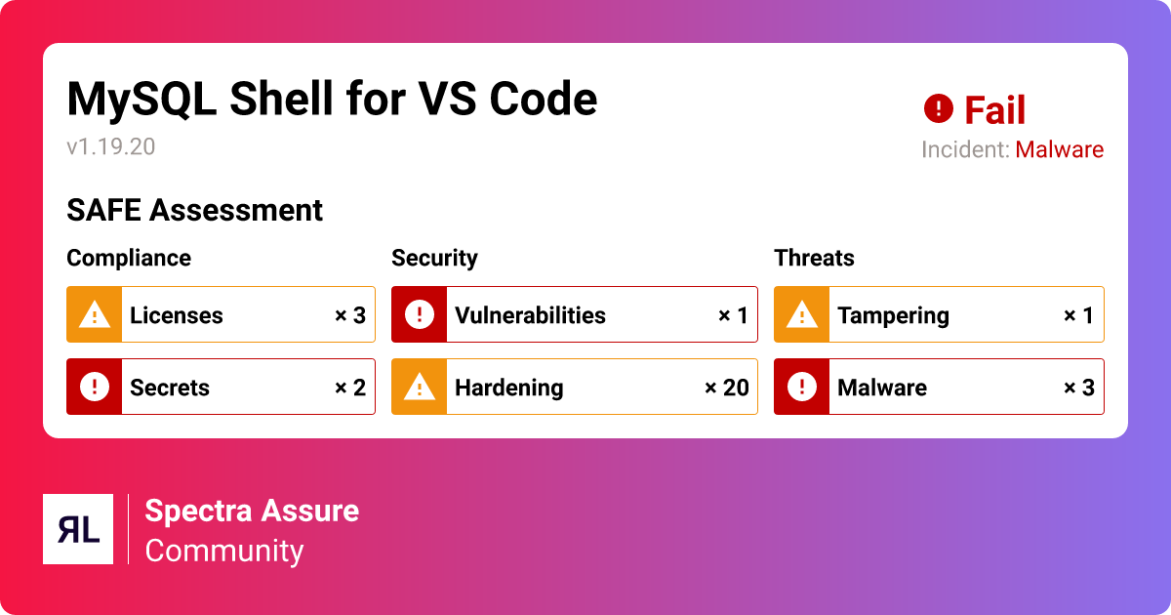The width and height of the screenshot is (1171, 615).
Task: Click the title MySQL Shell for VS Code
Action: point(332,99)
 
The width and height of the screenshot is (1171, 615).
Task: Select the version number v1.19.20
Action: point(111,147)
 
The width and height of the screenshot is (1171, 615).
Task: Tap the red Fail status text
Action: point(994,110)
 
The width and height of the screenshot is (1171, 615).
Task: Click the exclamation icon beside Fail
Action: point(938,108)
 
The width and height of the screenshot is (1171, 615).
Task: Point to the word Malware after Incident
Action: point(1059,150)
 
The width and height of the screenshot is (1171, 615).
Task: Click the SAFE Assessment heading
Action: point(194,210)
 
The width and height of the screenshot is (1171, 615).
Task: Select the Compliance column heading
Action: point(129,258)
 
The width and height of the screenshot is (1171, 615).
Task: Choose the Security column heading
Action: point(434,258)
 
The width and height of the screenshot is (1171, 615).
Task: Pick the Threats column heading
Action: point(814,258)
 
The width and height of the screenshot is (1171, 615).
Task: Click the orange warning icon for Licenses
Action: point(95,314)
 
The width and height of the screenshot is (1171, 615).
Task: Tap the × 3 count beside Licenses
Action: point(349,315)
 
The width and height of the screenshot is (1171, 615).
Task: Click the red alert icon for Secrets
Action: point(95,387)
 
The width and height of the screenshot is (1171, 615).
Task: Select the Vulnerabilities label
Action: point(530,315)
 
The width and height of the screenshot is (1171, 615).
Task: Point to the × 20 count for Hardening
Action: point(726,388)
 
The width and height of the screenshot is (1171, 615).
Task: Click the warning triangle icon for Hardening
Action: point(420,387)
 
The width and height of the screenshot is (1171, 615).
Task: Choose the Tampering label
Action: point(893,315)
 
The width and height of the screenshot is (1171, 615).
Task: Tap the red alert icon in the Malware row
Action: point(802,387)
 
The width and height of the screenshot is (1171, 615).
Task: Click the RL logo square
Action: point(78,529)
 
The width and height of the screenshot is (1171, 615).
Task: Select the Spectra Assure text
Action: point(252,511)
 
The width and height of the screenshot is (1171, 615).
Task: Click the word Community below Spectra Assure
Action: point(224,551)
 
